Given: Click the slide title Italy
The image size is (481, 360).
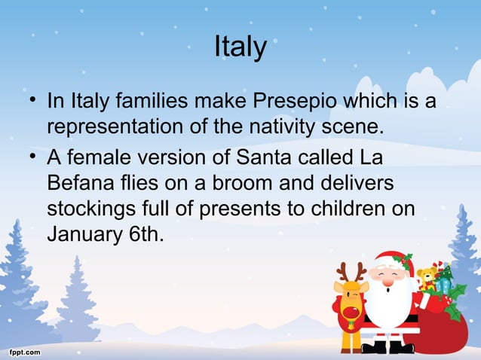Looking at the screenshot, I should (x=240, y=47).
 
